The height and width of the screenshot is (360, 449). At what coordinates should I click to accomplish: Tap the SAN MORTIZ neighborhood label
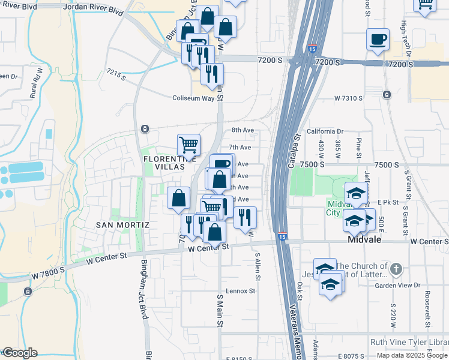tap(122, 224)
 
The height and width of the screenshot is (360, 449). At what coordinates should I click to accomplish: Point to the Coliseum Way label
tap(193, 98)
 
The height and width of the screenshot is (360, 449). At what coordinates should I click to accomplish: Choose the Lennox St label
tap(240, 291)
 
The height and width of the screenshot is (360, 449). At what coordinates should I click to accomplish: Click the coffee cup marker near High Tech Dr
tap(378, 40)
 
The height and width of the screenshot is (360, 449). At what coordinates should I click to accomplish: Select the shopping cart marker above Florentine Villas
tap(188, 145)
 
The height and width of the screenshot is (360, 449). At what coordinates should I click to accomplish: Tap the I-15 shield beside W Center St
tap(282, 236)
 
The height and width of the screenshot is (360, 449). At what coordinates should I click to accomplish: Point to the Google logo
tap(19, 353)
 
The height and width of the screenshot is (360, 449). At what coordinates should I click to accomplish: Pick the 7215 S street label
tap(116, 74)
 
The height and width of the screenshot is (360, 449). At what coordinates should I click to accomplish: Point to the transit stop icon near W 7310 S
tap(387, 94)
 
